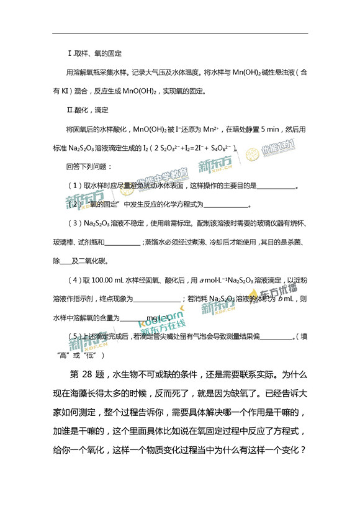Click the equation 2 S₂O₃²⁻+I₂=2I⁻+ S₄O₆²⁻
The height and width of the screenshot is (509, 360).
click(x=189, y=148)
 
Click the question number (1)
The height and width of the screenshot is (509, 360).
click(x=75, y=186)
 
